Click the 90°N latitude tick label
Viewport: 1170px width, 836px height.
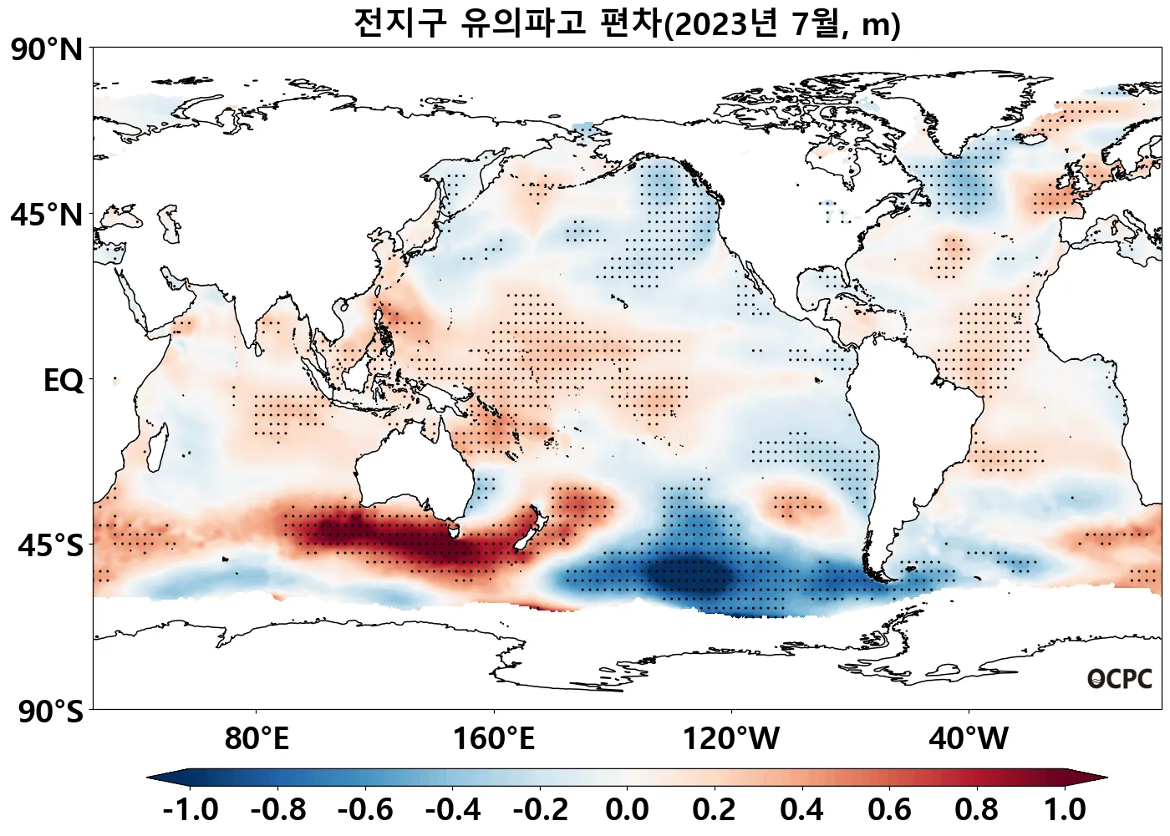click(47, 50)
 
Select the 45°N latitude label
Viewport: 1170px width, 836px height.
click(47, 215)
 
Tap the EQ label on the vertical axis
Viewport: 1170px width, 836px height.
click(64, 381)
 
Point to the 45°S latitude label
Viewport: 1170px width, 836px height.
click(50, 546)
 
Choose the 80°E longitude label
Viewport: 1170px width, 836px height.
click(257, 738)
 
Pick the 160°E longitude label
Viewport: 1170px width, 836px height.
click(494, 738)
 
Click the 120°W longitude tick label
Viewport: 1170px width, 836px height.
click(731, 738)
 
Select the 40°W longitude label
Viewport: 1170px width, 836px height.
click(969, 738)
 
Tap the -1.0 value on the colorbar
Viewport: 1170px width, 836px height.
click(191, 809)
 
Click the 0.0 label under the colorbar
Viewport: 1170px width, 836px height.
click(628, 809)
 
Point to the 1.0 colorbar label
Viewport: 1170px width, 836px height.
click(1065, 809)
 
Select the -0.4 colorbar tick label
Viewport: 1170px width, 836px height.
click(453, 809)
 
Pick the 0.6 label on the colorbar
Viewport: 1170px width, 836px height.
click(890, 809)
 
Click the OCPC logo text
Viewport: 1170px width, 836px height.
click(1120, 680)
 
